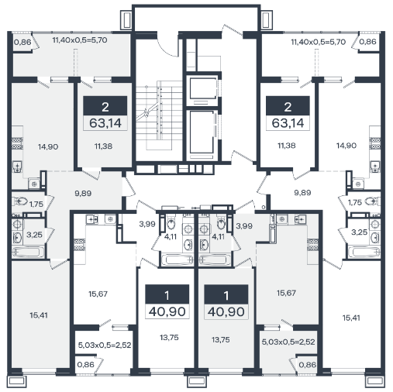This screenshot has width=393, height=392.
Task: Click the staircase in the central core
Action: tap(159, 115)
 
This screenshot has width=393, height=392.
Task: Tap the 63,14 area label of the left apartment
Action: tap(105, 123)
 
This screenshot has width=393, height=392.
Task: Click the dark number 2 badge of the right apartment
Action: tap(288, 106)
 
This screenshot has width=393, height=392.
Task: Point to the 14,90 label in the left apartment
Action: tap(48, 147)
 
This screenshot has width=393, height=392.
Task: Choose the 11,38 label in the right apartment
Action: tap(287, 146)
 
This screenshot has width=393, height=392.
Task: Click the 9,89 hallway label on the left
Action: tap(83, 193)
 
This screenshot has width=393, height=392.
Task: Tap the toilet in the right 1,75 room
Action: tap(371, 201)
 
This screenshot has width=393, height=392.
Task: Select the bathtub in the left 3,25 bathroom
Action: tap(27, 253)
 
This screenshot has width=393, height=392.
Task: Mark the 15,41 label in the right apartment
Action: tap(351, 318)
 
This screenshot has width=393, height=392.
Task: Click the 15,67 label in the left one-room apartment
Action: tap(98, 294)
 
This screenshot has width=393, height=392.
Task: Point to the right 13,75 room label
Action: tap(221, 340)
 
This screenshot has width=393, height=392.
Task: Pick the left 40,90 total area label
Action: tap(167, 311)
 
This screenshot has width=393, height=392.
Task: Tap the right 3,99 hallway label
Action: tap(244, 226)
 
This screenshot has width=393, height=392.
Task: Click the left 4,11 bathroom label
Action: tap(171, 236)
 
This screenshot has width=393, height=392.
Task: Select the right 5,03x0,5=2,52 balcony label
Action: tap(288, 342)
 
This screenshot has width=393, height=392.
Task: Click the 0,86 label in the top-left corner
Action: tap(22, 42)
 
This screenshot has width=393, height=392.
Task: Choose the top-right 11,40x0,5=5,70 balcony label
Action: tap(319, 42)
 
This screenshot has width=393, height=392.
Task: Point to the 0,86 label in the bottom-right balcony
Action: tap(308, 365)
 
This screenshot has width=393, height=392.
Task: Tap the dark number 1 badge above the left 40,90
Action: tap(167, 294)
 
